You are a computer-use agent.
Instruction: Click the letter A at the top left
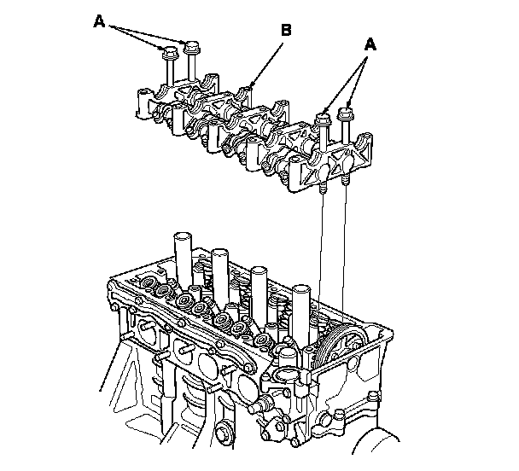point(99,21)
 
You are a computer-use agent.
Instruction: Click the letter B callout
point(286,30)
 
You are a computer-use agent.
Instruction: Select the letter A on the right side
point(370,44)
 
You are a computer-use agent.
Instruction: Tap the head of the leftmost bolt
point(170,52)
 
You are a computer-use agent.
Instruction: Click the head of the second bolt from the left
point(192,47)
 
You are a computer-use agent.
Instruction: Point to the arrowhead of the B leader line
point(251,84)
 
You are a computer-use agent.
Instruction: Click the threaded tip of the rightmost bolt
point(346,180)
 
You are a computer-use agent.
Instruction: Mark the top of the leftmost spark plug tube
point(183,236)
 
